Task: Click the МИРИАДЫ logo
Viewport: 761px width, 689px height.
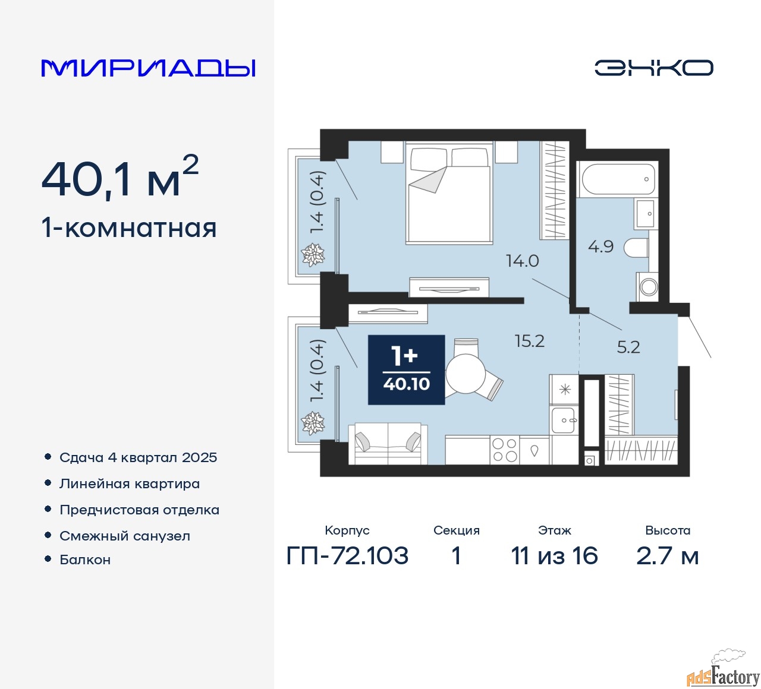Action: tap(148, 68)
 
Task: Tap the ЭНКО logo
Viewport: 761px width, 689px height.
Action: tap(653, 68)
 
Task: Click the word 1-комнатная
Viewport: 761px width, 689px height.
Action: tap(129, 228)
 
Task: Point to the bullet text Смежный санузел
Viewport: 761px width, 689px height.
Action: tap(125, 536)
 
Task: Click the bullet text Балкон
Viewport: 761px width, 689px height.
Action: tap(85, 560)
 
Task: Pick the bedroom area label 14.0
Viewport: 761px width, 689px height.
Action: tap(523, 261)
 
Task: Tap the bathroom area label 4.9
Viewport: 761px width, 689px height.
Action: tap(601, 246)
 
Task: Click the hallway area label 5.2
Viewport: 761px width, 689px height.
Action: tap(628, 347)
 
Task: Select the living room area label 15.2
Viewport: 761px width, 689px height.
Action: tap(530, 341)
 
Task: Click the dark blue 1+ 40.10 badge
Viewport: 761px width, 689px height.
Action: tap(406, 369)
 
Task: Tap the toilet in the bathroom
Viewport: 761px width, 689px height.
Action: tap(636, 248)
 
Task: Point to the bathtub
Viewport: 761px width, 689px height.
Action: tap(617, 179)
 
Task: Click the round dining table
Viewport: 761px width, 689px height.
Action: tap(466, 374)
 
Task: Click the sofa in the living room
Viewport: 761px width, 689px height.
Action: tap(388, 444)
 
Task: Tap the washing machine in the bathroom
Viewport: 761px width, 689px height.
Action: tap(647, 287)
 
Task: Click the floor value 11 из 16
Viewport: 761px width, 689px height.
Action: tap(554, 555)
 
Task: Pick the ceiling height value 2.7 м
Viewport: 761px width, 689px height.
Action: tap(667, 556)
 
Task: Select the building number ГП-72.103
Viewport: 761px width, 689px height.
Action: tap(347, 555)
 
